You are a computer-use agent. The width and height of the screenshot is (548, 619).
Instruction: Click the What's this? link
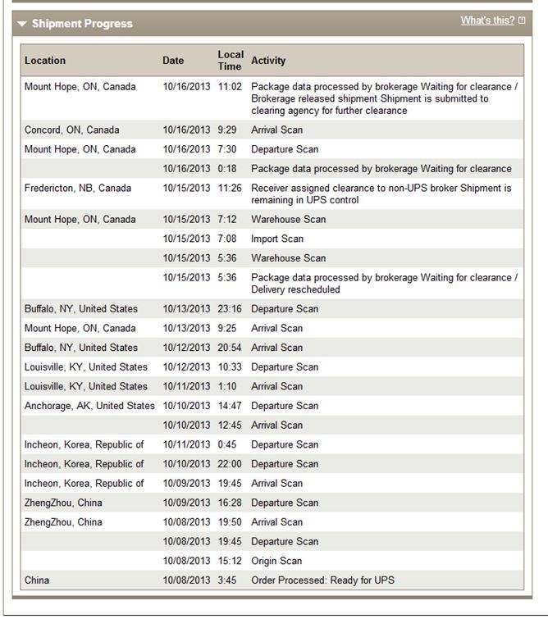point(487,20)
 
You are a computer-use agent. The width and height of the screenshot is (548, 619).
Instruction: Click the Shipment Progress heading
point(82,24)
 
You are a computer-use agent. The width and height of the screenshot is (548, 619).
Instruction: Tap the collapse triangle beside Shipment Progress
point(22,24)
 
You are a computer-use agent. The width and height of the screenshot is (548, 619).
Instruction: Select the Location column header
point(45,61)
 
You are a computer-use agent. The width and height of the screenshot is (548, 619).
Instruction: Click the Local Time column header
point(230,60)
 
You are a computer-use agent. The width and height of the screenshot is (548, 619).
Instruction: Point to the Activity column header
point(268,61)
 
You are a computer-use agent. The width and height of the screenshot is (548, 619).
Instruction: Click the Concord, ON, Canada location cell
point(71,130)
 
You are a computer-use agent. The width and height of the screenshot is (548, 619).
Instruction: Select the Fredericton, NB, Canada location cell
point(78,189)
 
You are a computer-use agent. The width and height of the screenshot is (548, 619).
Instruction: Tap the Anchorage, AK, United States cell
point(89,406)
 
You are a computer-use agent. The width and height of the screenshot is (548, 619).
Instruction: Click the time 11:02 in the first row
point(230,87)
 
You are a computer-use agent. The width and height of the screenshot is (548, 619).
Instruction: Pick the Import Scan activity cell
point(277,239)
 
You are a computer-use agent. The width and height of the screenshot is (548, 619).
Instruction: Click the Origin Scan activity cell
point(276,562)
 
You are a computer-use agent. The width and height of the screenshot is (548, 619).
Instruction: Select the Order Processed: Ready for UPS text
point(322,580)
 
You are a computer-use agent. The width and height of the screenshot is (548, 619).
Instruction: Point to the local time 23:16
point(231,309)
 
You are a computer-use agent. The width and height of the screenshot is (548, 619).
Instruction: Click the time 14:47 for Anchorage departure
point(231,406)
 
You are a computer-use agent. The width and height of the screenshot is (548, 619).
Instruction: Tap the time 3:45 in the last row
point(227,580)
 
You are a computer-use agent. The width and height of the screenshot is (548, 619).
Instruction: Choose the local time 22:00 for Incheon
point(231,464)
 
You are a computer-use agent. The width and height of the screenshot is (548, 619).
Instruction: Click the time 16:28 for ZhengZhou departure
point(231,503)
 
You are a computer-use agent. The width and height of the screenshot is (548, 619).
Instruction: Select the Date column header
point(173,61)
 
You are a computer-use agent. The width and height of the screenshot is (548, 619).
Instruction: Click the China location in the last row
point(37,580)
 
